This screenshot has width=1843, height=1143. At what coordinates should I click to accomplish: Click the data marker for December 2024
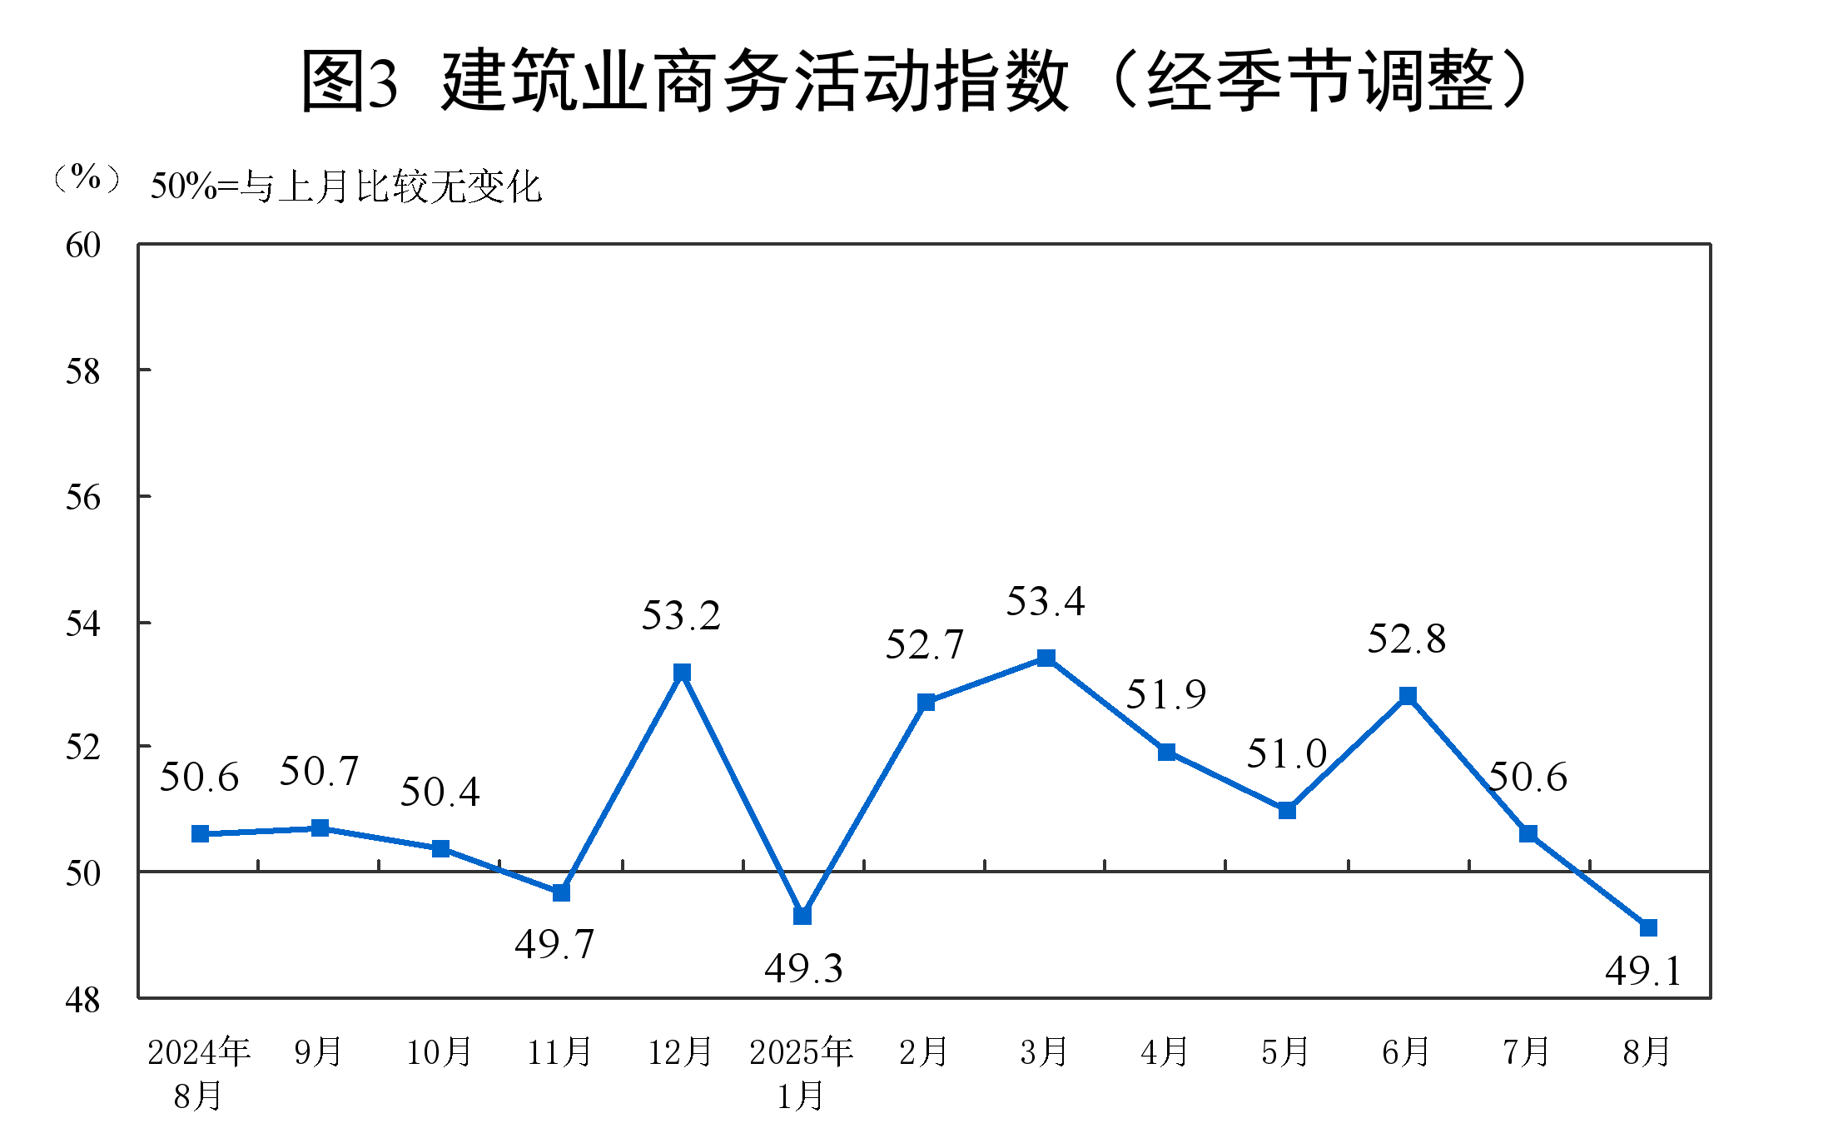(x=682, y=672)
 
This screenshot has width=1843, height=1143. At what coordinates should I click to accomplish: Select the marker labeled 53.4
(x=1046, y=658)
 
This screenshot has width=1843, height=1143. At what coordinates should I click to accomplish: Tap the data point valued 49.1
(x=1648, y=927)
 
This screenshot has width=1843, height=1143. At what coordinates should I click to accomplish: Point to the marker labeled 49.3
(x=802, y=916)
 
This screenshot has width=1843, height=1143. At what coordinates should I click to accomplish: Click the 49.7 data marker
(x=561, y=892)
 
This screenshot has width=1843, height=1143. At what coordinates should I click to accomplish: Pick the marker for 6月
(x=1408, y=696)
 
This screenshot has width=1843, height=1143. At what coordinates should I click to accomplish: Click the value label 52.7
(x=924, y=644)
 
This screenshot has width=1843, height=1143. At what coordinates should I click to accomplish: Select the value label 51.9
(x=1165, y=694)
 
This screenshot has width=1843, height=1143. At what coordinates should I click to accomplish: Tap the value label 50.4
(x=440, y=792)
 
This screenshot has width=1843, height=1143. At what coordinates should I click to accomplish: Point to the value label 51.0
(x=1286, y=754)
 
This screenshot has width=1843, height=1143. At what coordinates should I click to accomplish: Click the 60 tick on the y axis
(x=83, y=246)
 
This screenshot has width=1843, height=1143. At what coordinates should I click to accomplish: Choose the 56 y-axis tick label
(x=83, y=498)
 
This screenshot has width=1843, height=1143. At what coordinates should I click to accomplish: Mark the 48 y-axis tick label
(x=83, y=1000)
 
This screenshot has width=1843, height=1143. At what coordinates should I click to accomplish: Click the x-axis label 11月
(x=559, y=1052)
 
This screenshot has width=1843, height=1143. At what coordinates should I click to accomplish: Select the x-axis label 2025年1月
(x=801, y=1074)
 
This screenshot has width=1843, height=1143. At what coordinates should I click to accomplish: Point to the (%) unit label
(x=87, y=177)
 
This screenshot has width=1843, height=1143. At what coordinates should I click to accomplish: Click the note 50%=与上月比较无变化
(x=346, y=186)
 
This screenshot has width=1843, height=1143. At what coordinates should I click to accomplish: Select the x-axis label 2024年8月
(x=199, y=1074)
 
